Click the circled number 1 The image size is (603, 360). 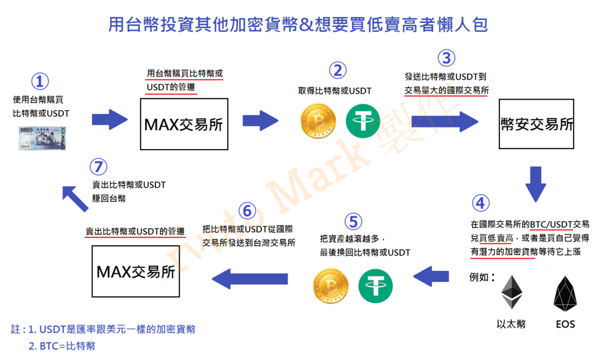40,81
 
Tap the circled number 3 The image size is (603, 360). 446,58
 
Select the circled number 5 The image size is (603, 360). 353,222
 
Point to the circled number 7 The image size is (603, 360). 98,167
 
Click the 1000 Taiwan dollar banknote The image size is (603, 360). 42,138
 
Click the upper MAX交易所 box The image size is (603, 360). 184,124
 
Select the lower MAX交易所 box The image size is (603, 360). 136,271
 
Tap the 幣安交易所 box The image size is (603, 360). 536,124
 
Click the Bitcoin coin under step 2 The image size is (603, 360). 318,121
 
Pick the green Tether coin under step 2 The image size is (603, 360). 363,121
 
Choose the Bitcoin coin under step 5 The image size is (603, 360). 331,286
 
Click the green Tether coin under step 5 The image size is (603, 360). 375,286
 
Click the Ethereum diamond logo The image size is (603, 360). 512,292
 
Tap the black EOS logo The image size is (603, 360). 565,293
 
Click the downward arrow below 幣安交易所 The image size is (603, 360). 536,184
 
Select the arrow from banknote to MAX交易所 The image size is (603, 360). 110,120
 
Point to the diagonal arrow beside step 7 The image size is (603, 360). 75,199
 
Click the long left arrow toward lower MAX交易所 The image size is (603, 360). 250,279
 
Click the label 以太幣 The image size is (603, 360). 511,324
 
